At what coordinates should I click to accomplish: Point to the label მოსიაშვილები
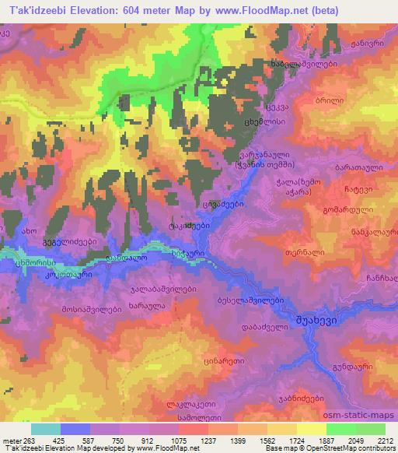coord(67,309)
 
